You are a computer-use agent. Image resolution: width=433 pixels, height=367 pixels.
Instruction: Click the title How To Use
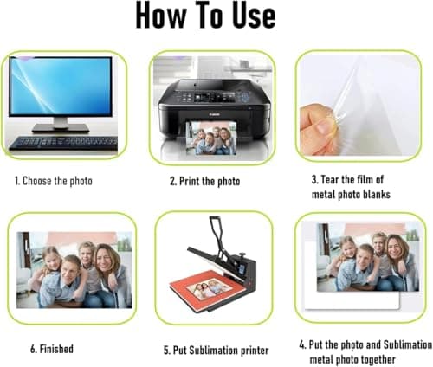(217, 17)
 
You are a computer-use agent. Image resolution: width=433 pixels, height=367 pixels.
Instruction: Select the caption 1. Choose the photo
(53, 182)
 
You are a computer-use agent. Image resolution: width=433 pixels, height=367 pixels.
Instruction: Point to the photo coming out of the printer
(212, 138)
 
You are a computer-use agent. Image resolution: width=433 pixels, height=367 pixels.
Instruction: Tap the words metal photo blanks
(351, 195)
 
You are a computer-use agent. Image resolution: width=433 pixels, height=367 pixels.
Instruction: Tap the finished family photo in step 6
(74, 269)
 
